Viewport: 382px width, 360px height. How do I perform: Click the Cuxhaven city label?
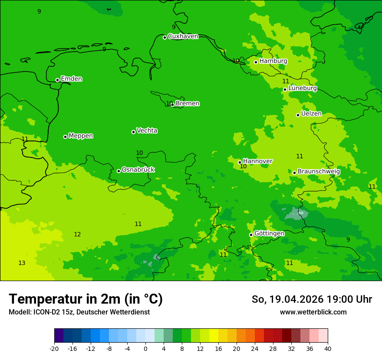[183, 36]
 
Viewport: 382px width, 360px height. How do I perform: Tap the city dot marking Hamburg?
[256, 62]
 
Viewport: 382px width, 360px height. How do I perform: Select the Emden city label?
[71, 79]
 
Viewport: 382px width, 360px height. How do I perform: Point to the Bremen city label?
[188, 104]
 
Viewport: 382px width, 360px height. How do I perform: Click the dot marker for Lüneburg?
[285, 89]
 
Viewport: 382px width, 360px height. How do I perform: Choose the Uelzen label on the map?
[311, 114]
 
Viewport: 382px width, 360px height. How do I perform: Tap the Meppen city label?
[81, 136]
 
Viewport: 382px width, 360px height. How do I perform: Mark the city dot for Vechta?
[133, 132]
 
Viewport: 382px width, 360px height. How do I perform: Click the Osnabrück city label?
[138, 170]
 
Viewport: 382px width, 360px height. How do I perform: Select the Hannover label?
[257, 161]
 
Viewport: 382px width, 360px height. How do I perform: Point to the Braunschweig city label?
[319, 172]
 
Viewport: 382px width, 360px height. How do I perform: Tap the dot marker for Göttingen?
[251, 235]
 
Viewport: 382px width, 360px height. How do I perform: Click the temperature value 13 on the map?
[22, 263]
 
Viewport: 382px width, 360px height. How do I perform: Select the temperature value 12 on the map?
[77, 234]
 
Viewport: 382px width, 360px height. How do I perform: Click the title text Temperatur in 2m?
[86, 299]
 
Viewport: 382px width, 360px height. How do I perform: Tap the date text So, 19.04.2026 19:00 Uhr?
[312, 299]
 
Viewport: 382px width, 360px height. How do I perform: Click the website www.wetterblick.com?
[313, 312]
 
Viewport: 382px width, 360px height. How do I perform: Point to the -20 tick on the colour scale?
[54, 348]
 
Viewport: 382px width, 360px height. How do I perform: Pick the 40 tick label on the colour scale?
[327, 348]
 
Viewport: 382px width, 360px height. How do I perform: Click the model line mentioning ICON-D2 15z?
[79, 312]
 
